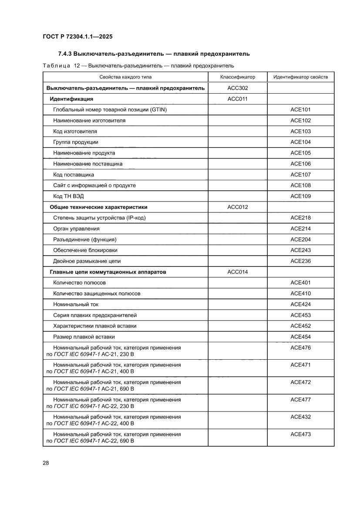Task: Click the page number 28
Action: coord(46,463)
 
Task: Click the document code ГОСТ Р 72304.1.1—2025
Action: coord(78,37)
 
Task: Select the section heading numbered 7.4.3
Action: coord(154,54)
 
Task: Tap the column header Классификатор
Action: coord(237,77)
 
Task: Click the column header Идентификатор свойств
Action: coord(300,77)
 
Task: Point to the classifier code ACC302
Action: coord(237,88)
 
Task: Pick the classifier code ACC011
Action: coord(237,99)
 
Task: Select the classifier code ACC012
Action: coord(237,207)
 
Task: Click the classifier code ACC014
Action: coord(237,272)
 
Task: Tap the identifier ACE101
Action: coord(300,110)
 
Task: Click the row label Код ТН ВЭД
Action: coord(65,196)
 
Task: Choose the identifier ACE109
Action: coord(300,196)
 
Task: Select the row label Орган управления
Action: coord(76,229)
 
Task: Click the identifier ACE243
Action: coord(300,250)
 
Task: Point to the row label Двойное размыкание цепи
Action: coord(87,261)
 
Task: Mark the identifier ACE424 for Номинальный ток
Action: coord(300,304)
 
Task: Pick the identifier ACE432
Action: coord(300,417)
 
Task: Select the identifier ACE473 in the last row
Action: coord(300,434)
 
